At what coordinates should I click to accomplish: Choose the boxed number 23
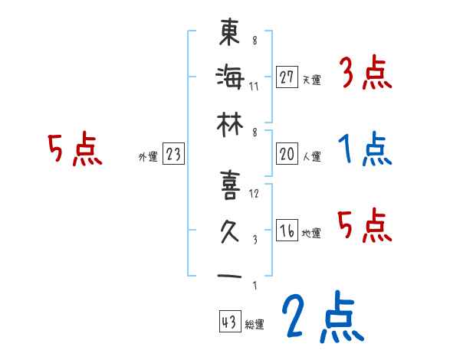(173, 155)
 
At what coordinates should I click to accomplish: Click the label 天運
(312, 80)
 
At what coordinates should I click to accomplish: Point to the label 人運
(312, 157)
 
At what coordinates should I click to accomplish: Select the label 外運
(148, 157)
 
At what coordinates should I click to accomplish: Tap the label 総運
(255, 324)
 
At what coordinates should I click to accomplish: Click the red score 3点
(365, 74)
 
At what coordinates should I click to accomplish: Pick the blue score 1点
(365, 150)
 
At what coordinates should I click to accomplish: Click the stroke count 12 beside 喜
(255, 195)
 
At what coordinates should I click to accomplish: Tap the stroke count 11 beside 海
(255, 86)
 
